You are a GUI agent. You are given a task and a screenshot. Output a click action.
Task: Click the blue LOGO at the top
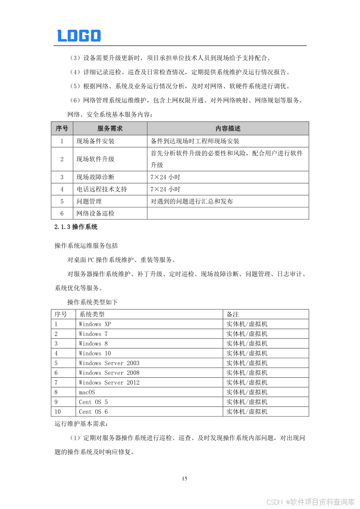[x=79, y=36]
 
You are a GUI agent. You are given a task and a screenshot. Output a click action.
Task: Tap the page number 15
[x=184, y=478]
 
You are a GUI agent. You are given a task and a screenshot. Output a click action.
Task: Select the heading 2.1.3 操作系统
[x=76, y=227]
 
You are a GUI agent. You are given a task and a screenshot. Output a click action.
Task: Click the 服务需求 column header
[x=110, y=129]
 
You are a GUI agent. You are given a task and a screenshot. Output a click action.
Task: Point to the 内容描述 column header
[x=228, y=129]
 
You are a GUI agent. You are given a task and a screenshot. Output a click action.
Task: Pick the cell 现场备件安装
[x=95, y=141]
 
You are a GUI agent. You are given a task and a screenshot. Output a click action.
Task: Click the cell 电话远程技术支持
[x=102, y=189]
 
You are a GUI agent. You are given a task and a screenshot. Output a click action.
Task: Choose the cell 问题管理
[x=89, y=201]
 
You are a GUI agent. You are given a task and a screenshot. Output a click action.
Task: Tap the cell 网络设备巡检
[x=95, y=214]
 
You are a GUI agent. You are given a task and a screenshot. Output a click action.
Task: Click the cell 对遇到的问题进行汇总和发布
[x=192, y=201]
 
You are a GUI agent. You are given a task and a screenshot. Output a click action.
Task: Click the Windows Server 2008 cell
[x=109, y=373]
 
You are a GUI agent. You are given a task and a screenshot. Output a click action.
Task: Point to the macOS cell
[x=87, y=392]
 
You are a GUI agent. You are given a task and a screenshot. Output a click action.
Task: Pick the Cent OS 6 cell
[x=93, y=412]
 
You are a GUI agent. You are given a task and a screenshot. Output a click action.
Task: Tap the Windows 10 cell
[x=94, y=353]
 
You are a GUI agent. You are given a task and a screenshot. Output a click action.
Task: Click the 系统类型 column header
[x=91, y=314]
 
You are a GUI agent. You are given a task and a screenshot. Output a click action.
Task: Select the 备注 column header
[x=233, y=314]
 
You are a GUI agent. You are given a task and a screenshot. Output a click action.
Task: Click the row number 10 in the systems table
[x=58, y=412]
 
